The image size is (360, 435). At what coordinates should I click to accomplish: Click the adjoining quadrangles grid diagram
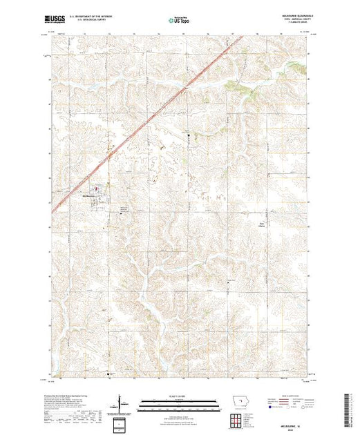click(237, 420)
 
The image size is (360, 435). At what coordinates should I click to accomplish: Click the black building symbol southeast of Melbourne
click(125, 213)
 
